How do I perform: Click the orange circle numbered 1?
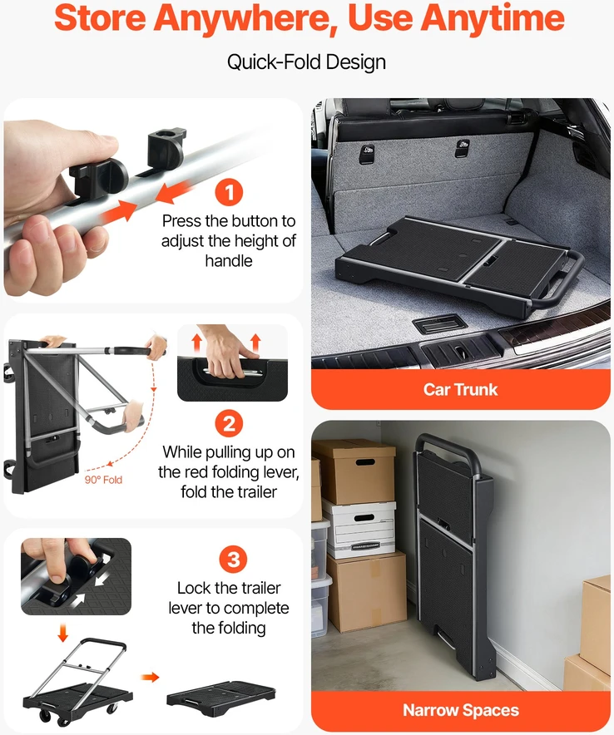229,192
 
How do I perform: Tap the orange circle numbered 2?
229,423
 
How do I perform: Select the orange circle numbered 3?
233,560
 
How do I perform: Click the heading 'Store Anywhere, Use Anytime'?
309,17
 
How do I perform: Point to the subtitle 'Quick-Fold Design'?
306,62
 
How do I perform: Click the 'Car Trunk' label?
460,389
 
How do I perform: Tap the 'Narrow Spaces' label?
461,710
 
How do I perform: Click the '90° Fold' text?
103,480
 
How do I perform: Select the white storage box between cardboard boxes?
359,528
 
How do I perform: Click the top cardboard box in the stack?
354,470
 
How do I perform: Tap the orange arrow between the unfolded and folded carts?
151,677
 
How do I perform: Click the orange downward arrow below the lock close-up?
63,633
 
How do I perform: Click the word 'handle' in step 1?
229,260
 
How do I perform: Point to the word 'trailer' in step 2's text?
253,491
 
